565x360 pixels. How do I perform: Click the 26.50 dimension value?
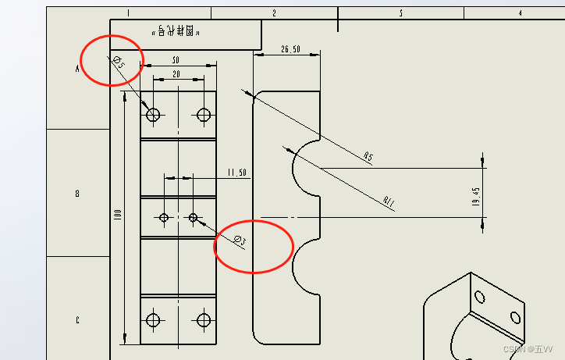[x=290, y=49]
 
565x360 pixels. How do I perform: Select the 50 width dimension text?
[x=176, y=60]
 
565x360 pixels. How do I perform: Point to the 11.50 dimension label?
[x=236, y=172]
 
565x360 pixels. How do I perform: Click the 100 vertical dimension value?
[x=118, y=214]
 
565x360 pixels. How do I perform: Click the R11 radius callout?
[x=389, y=203]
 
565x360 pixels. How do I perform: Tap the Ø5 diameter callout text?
[x=118, y=62]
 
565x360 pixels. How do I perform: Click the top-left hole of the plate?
[x=153, y=116]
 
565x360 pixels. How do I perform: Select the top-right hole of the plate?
[x=204, y=116]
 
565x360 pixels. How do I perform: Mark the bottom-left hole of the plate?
[x=153, y=319]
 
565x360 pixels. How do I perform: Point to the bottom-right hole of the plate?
[x=204, y=319]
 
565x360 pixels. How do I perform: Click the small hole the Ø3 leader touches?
[x=193, y=217]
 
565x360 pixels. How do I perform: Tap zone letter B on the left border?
[x=77, y=194]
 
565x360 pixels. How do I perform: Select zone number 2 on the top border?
[x=274, y=13]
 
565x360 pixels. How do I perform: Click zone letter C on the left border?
[x=77, y=319]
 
